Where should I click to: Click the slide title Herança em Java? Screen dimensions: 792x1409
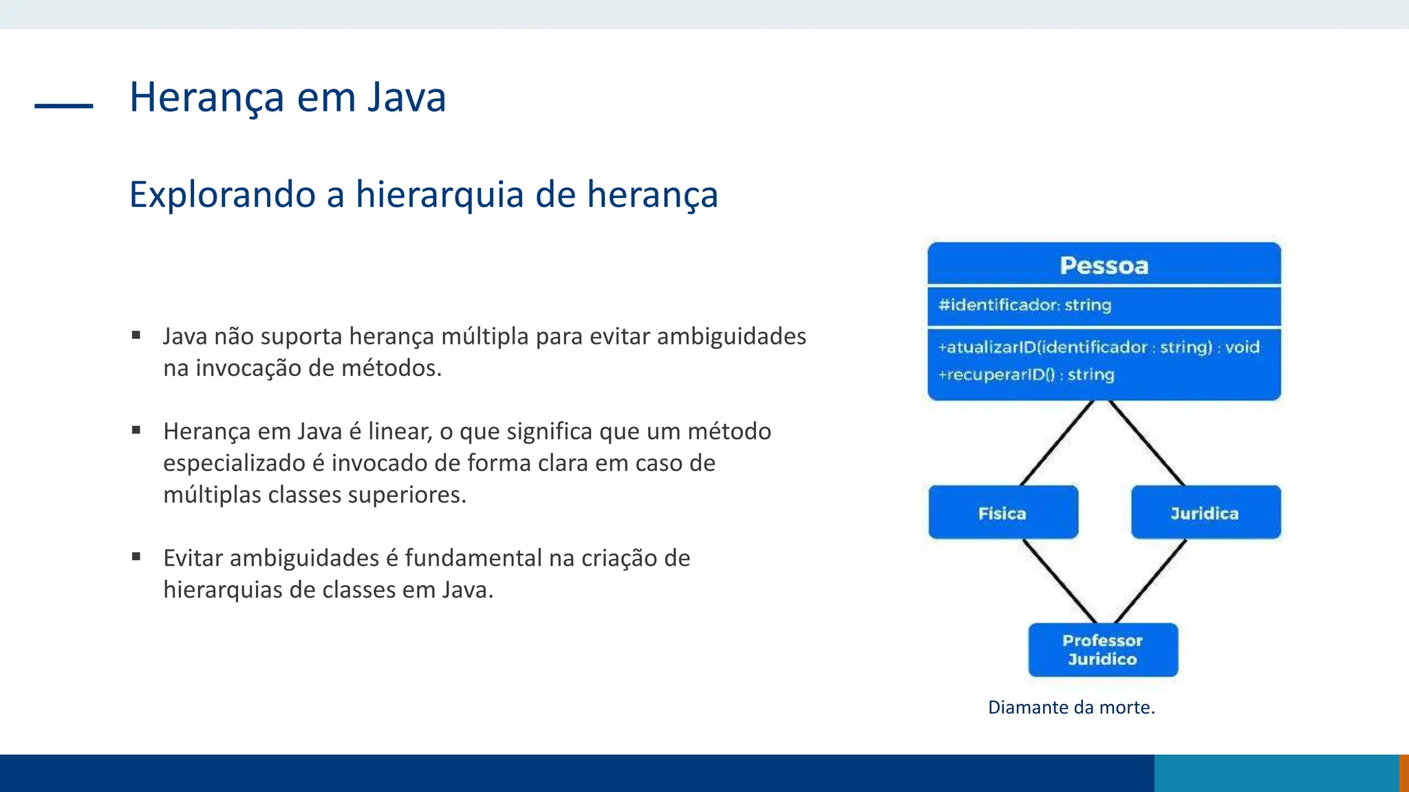click(288, 97)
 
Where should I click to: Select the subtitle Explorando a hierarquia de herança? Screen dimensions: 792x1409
click(423, 195)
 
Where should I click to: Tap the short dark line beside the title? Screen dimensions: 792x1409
click(63, 106)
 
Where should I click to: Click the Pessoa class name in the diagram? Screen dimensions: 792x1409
click(1104, 265)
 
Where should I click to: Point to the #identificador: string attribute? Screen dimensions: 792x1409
click(1024, 305)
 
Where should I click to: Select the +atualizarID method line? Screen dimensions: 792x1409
click(1099, 347)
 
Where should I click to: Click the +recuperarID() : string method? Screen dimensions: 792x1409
click(1026, 375)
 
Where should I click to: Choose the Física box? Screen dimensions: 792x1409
click(1002, 513)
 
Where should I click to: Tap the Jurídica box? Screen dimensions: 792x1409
click(1205, 513)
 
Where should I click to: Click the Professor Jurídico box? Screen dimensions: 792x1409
click(1103, 650)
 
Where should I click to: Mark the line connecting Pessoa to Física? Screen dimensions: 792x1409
click(1056, 443)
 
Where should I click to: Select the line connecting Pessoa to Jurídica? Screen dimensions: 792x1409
click(1147, 443)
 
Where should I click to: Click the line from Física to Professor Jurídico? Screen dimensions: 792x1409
click(1060, 581)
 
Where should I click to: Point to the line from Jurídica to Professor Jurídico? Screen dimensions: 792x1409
click(1150, 581)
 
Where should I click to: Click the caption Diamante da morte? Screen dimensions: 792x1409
click(1071, 707)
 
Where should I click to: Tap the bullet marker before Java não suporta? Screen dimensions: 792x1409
click(136, 335)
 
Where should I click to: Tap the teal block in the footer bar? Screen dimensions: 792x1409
click(1276, 773)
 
